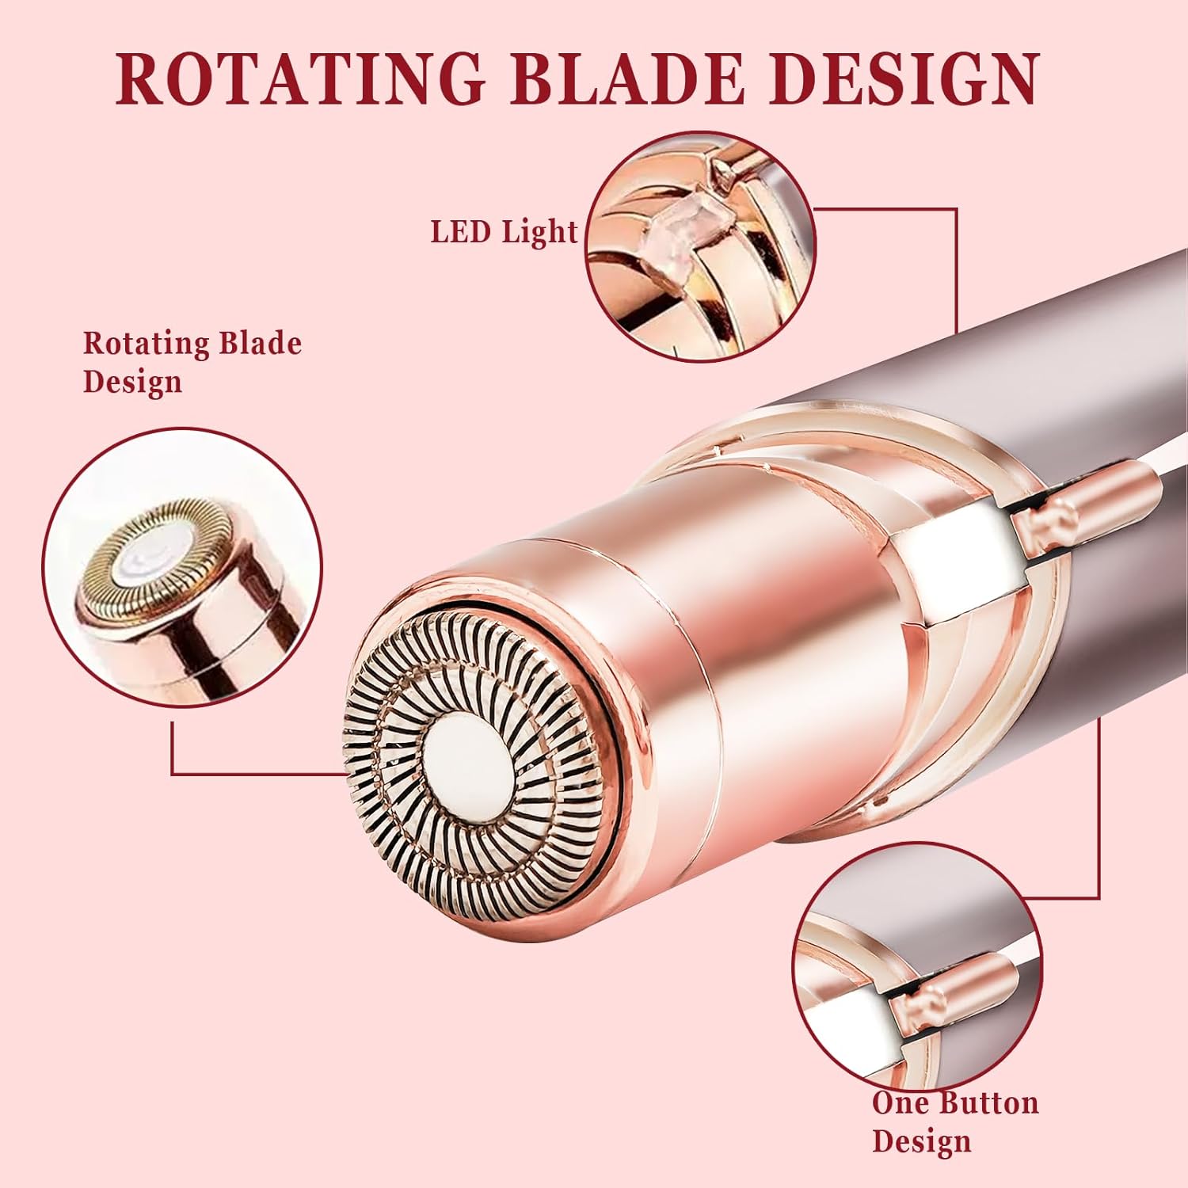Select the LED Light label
tap(504, 232)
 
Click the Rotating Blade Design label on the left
tap(192, 362)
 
